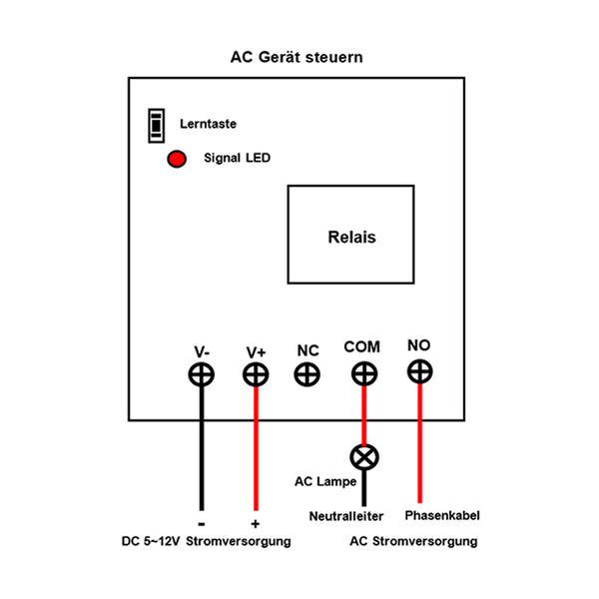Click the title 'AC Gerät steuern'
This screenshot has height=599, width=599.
point(297,57)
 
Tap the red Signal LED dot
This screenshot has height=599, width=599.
point(177,159)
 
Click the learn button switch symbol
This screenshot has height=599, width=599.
point(155,125)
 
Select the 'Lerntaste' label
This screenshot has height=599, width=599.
point(208,125)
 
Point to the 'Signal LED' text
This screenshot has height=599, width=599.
point(237,158)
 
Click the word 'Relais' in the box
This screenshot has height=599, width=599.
point(351,238)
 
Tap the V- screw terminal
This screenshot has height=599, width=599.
point(202,374)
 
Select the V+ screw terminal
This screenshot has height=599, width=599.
point(257,374)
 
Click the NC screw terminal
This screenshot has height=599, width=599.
point(307,374)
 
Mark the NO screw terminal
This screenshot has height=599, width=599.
point(419,371)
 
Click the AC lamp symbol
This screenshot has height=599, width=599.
point(363,457)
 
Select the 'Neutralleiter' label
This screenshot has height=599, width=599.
point(351,516)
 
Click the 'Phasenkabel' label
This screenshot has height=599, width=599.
point(443,516)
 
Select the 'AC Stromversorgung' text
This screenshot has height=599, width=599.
point(413,541)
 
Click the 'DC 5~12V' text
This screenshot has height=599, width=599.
point(149,541)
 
